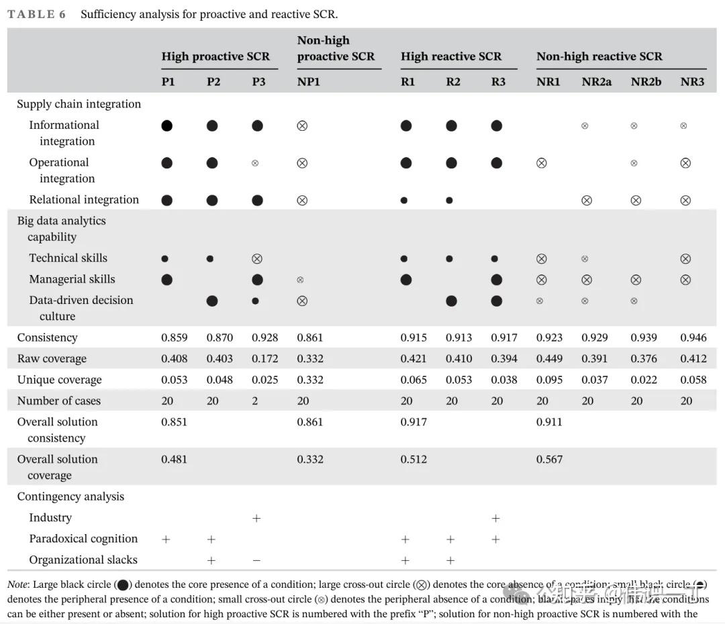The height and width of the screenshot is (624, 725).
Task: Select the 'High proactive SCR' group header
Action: tap(215, 56)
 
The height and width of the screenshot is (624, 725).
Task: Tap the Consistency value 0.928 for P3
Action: tap(264, 337)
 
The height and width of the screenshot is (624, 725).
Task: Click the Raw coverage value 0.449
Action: tap(549, 358)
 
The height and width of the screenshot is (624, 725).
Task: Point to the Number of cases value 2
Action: tap(255, 401)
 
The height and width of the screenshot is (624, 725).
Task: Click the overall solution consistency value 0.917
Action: tap(414, 422)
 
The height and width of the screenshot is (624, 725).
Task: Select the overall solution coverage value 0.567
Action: tap(549, 460)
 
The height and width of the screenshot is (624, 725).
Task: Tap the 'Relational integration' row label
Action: tap(84, 199)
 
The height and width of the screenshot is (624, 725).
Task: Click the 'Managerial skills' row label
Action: tap(72, 279)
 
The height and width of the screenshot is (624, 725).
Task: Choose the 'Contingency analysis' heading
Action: tap(70, 497)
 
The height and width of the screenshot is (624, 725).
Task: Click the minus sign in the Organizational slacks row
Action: tap(256, 560)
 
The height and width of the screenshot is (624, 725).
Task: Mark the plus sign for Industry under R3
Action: tap(496, 518)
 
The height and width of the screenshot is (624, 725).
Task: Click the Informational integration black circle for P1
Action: tap(167, 125)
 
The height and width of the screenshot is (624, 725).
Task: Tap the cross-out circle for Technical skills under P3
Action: tap(256, 258)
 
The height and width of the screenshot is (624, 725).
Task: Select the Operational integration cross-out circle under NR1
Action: tap(542, 162)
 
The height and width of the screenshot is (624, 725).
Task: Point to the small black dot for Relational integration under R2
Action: tap(450, 200)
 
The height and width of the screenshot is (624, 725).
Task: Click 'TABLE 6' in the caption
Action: tap(36, 14)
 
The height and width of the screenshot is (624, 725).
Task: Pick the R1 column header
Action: tap(407, 82)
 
